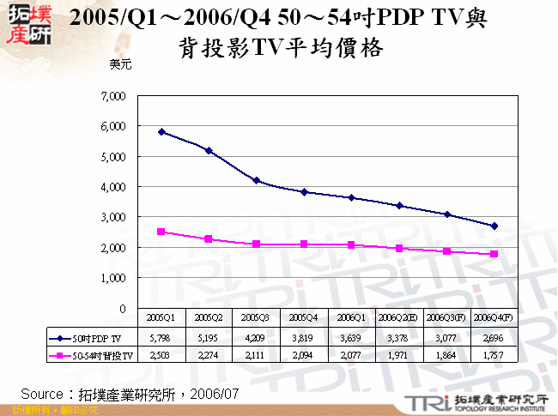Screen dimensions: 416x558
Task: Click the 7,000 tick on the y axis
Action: coord(113,95)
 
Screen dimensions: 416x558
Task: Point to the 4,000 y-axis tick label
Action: coord(113,187)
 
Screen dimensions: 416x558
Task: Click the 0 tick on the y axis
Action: coord(123,308)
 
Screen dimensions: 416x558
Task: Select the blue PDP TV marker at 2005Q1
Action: coord(161,132)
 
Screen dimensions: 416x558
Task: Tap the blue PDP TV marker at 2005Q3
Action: coord(256,180)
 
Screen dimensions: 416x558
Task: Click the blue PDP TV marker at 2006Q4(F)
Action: coord(494,226)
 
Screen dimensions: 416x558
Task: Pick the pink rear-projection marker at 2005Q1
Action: coord(161,232)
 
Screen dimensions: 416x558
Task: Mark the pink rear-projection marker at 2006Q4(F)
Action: coord(494,254)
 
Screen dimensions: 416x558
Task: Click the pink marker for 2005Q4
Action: coord(304,244)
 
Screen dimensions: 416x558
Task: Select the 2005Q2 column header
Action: coord(209,317)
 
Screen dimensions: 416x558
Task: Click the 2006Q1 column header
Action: coord(351,317)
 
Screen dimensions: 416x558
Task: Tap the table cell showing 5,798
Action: coord(161,338)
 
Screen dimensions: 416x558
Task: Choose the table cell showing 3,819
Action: coord(304,338)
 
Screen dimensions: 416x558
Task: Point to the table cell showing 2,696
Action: coord(494,338)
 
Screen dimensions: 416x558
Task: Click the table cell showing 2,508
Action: coord(161,354)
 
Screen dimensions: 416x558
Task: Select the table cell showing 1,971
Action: coord(399,354)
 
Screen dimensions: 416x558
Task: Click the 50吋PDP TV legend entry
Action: coord(89,338)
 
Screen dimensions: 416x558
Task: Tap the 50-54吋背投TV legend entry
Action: coord(89,354)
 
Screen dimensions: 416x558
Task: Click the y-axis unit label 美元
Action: coord(120,63)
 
